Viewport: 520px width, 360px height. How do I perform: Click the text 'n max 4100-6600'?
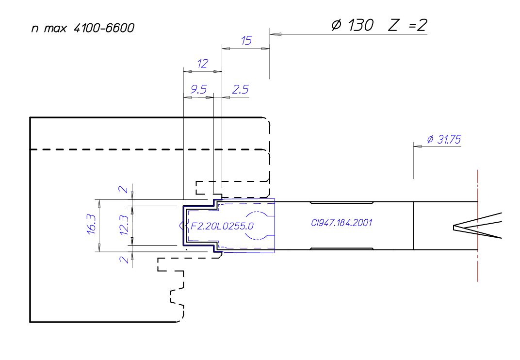coord(82,28)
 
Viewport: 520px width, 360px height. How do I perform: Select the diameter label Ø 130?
coord(352,25)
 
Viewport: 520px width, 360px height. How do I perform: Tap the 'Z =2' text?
coord(407,25)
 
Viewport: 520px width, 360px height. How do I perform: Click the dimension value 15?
coord(246,41)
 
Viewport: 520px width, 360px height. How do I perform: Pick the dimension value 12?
coord(202,64)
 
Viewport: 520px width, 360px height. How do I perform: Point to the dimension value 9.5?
coord(198,89)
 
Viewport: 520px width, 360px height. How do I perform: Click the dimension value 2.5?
coord(240,89)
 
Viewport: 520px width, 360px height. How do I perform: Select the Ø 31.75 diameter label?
coord(443,140)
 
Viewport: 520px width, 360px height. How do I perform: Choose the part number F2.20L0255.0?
coord(222,226)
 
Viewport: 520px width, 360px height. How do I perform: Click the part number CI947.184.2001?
coord(341,223)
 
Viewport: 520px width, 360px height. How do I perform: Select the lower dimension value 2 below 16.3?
coord(125,260)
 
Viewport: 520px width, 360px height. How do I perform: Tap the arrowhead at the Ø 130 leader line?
coord(275,34)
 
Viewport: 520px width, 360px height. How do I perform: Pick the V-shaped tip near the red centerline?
coord(458,227)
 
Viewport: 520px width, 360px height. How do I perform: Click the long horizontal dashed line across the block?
coord(146,149)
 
